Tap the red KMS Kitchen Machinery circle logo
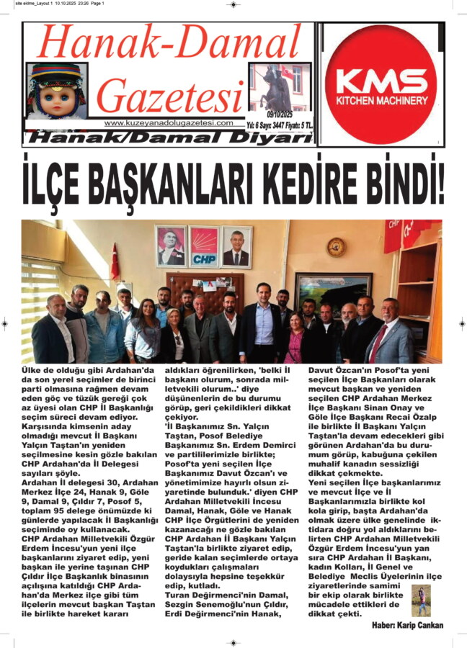point(381,85)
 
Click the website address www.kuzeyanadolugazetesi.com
point(169,123)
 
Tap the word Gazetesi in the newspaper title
point(170,96)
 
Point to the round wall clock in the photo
point(335,247)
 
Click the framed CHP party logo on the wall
point(203,246)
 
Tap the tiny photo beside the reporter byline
point(420,600)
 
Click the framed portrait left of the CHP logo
point(170,246)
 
